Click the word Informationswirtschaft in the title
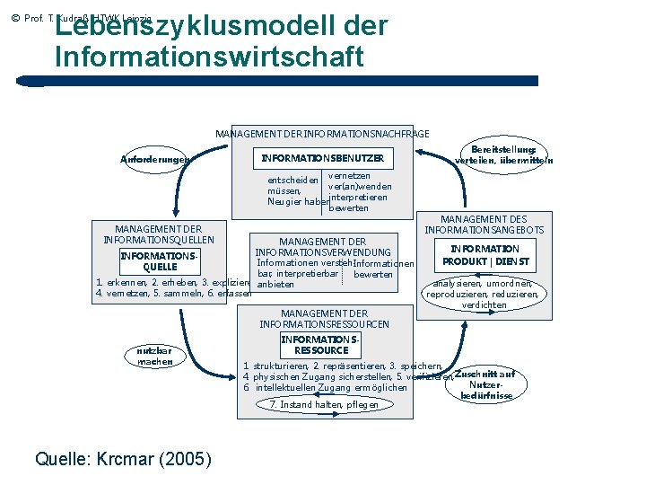(209, 57)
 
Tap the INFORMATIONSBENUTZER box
(322, 158)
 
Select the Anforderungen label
(154, 160)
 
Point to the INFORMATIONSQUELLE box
(159, 261)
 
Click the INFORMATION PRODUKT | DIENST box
(484, 255)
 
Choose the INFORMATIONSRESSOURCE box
(320, 345)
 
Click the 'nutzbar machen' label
(154, 356)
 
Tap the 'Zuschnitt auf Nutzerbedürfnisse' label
(485, 384)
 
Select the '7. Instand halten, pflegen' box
(324, 405)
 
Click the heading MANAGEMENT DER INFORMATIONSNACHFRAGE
(322, 134)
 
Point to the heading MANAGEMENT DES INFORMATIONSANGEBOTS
(484, 225)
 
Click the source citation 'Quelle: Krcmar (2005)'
(123, 459)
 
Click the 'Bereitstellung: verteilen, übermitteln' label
(504, 154)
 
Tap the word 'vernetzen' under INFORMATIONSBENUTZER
(349, 175)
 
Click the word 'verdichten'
(484, 304)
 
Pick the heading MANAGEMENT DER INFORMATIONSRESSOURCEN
(324, 319)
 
